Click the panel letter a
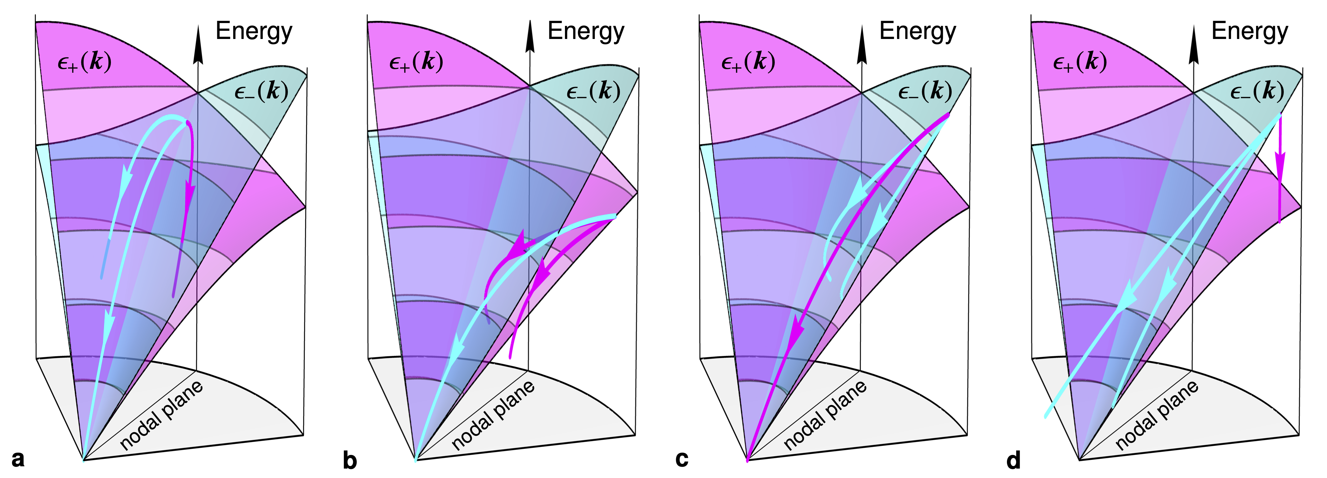(18, 458)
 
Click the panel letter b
(350, 460)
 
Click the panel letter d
(1013, 460)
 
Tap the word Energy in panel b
(586, 31)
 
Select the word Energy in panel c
(918, 31)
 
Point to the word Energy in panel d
(1249, 31)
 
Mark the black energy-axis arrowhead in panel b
(529, 39)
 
